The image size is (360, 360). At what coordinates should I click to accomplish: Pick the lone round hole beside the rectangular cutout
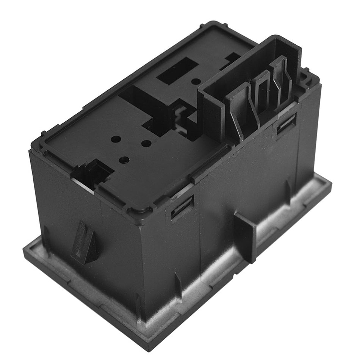196,81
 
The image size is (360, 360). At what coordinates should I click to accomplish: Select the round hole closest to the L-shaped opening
146,143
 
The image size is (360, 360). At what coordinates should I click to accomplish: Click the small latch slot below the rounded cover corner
182,207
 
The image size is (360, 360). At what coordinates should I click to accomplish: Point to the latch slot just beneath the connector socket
286,125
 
